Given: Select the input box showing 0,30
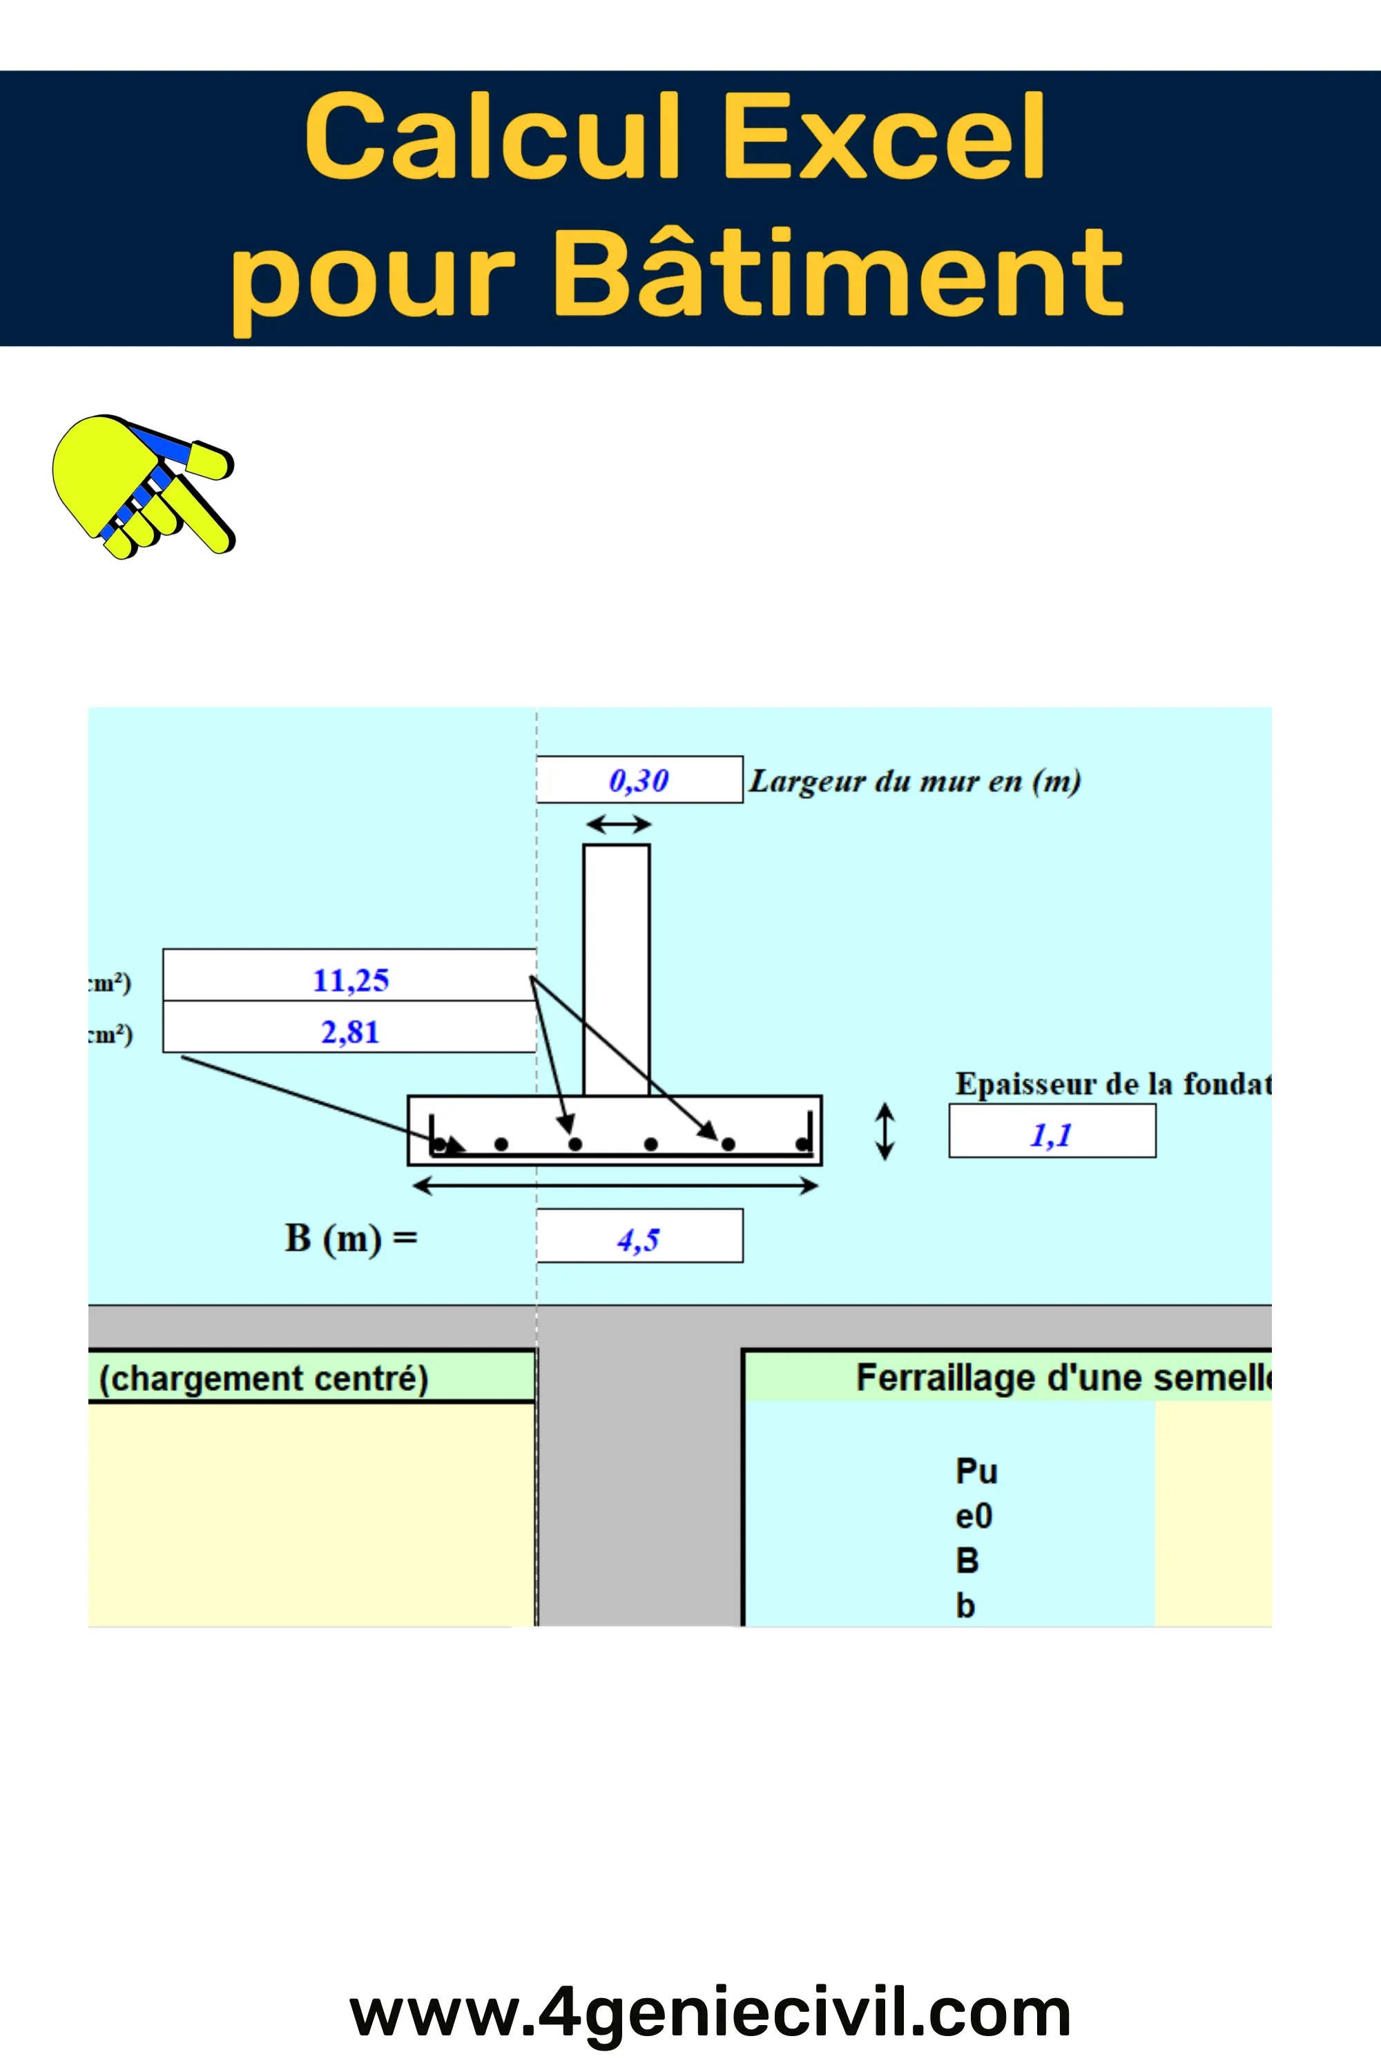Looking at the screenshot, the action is pyautogui.click(x=639, y=780).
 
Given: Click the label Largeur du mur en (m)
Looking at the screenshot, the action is pyautogui.click(x=914, y=780).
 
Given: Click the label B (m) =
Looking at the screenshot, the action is pyautogui.click(x=351, y=1238).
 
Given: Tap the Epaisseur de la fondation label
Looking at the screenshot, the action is pyautogui.click(x=1112, y=1083).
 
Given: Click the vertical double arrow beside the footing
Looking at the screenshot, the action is pyautogui.click(x=885, y=1131).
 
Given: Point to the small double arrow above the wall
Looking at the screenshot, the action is pyautogui.click(x=618, y=825).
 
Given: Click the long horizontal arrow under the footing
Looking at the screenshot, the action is pyautogui.click(x=615, y=1187).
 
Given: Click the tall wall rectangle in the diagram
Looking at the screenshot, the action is pyautogui.click(x=617, y=969).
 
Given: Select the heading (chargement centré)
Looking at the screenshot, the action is pyautogui.click(x=263, y=1379).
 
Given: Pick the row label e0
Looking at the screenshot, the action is pyautogui.click(x=973, y=1516).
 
